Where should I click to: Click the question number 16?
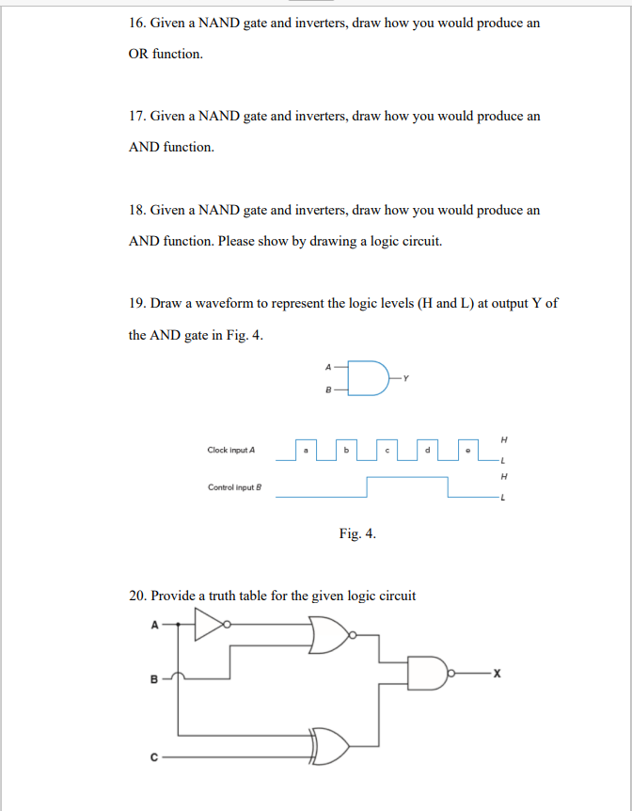tap(136, 23)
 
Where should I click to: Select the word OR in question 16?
tap(138, 54)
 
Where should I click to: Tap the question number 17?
tap(136, 116)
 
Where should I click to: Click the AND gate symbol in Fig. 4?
tap(371, 376)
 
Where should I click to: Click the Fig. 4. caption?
tap(357, 533)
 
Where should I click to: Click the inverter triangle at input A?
tap(211, 623)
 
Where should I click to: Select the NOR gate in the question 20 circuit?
tap(328, 636)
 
